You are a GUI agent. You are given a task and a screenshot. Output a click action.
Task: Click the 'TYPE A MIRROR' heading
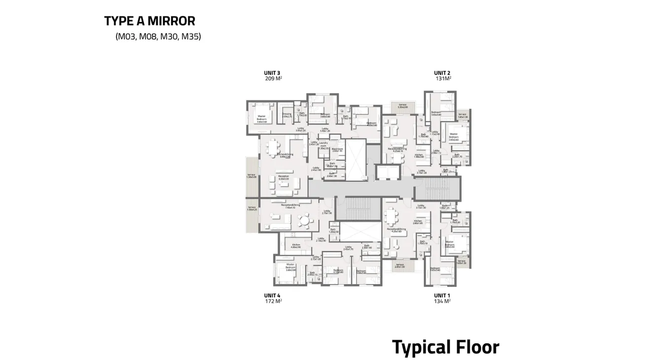click(149, 21)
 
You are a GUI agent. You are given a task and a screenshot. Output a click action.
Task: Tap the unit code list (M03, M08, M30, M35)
click(158, 36)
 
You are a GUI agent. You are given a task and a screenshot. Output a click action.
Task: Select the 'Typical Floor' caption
click(445, 347)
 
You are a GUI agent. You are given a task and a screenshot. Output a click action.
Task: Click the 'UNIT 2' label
click(442, 72)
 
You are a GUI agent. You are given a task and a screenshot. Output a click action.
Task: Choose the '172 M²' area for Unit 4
click(273, 301)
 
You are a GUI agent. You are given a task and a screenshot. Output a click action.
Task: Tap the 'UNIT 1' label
click(442, 295)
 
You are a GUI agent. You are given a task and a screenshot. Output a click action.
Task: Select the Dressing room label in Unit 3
click(287, 115)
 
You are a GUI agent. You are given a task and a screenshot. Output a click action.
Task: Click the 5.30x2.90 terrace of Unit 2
click(402, 106)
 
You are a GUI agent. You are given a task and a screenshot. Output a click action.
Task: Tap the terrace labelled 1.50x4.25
click(252, 208)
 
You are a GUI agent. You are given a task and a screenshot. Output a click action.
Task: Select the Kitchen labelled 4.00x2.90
click(296, 246)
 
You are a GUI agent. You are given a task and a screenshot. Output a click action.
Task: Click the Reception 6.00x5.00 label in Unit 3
click(283, 177)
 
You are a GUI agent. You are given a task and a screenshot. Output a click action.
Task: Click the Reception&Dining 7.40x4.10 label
click(290, 206)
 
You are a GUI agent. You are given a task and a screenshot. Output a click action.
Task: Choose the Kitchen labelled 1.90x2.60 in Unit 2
click(419, 156)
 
